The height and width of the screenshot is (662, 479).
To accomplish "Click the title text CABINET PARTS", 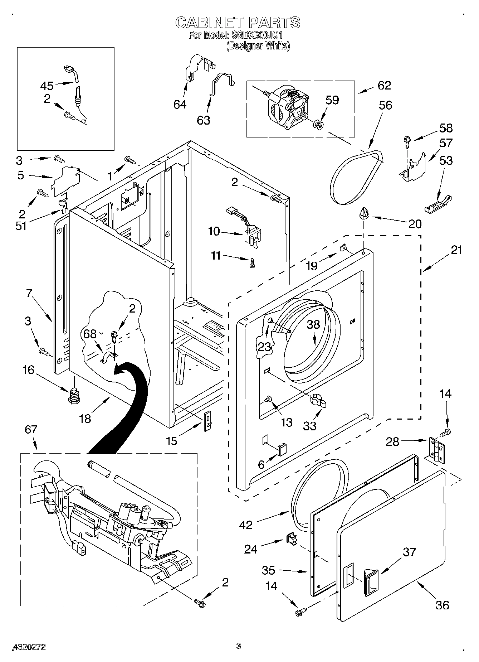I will pos(238,23).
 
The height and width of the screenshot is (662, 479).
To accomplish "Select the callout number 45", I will pos(47,86).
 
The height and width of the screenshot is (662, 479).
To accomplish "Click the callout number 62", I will pos(384,85).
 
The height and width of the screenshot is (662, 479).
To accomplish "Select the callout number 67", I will pos(31,429).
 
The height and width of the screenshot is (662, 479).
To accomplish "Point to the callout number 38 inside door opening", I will pos(313,324).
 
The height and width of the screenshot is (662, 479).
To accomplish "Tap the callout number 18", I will pos(85,418).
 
